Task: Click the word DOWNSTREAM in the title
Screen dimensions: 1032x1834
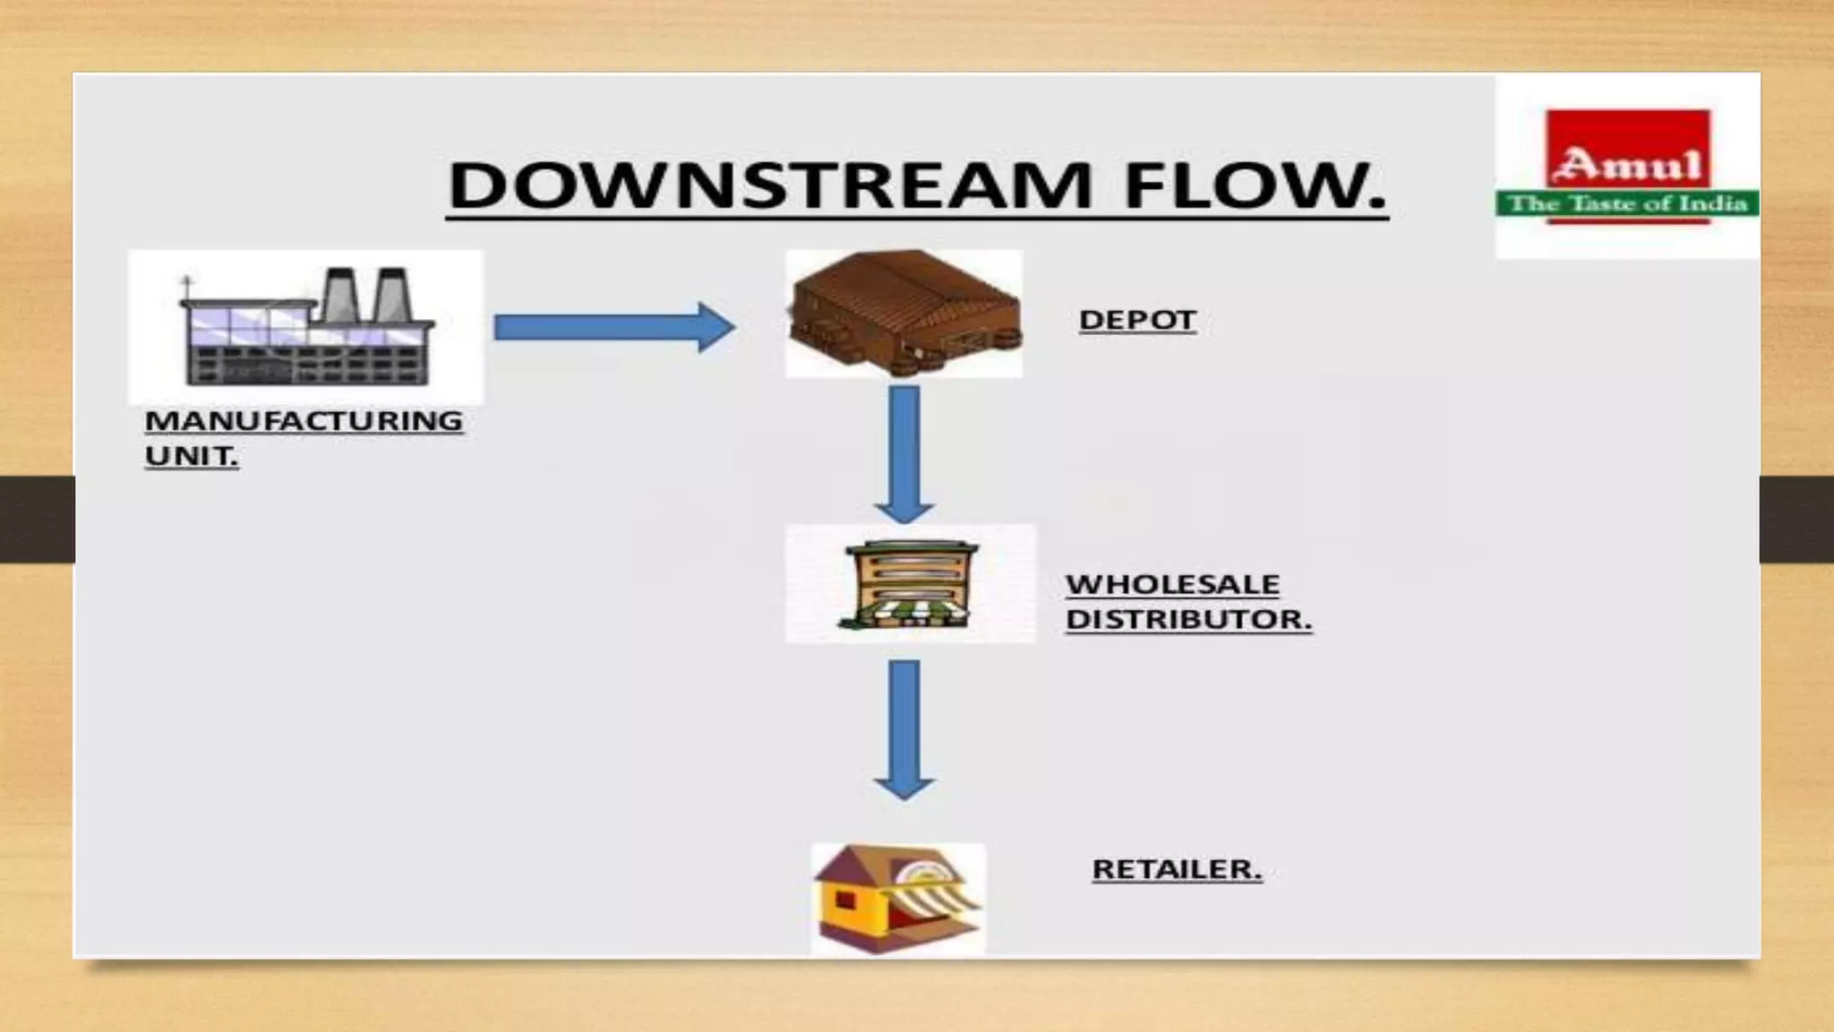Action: pos(770,185)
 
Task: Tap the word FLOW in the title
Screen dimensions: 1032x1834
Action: pos(1254,185)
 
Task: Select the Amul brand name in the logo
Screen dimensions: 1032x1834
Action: pos(1628,165)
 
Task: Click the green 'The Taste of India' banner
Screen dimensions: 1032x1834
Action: pos(1627,204)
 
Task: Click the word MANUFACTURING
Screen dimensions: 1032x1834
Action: pos(304,420)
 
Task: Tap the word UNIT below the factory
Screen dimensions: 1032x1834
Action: pos(191,456)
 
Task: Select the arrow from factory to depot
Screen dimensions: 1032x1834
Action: pos(614,327)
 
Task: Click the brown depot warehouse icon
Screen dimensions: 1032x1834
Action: pos(904,313)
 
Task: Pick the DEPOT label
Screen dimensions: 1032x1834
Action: pos(1137,320)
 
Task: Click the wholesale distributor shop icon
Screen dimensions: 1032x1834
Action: pos(908,584)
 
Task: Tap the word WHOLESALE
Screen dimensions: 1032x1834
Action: pos(1172,584)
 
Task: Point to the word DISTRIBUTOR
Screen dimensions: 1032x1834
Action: pos(1187,619)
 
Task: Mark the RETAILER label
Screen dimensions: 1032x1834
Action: pos(1176,869)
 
